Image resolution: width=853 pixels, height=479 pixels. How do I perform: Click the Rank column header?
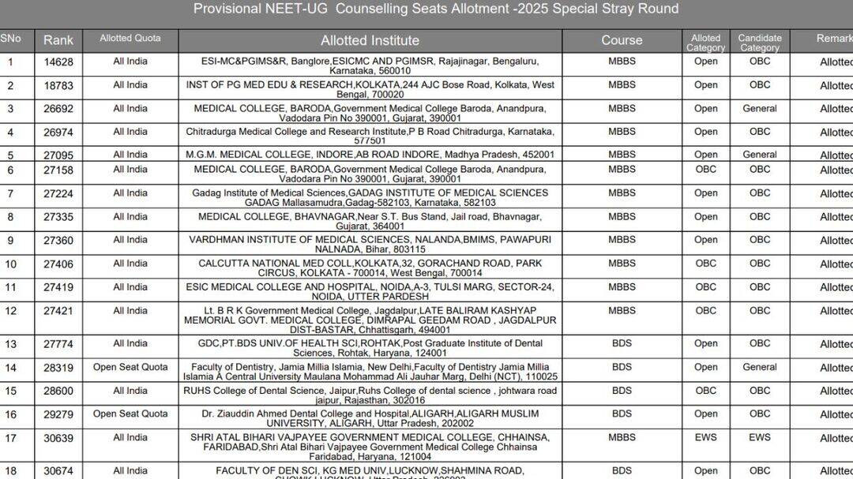pyautogui.click(x=58, y=40)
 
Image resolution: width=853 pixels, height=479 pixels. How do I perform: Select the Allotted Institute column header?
pyautogui.click(x=370, y=40)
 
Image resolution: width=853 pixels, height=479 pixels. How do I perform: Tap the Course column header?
pyautogui.click(x=622, y=40)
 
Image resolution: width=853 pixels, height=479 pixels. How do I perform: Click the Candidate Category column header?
pyautogui.click(x=759, y=43)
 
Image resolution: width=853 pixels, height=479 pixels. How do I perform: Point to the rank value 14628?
pyautogui.click(x=58, y=62)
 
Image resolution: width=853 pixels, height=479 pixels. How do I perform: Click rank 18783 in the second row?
pyautogui.click(x=58, y=85)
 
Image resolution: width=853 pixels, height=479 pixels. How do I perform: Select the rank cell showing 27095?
pyautogui.click(x=58, y=155)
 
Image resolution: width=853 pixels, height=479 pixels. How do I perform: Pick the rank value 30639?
pyautogui.click(x=58, y=438)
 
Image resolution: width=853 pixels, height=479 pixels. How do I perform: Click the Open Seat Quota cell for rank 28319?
pyautogui.click(x=130, y=367)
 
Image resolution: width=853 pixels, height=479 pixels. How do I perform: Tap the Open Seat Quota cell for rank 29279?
pyautogui.click(x=130, y=414)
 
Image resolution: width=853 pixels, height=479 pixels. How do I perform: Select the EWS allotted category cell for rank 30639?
pyautogui.click(x=705, y=437)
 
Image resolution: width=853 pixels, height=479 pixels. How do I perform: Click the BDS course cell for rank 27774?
pyautogui.click(x=622, y=343)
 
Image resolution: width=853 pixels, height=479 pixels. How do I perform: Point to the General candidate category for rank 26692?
pyautogui.click(x=759, y=108)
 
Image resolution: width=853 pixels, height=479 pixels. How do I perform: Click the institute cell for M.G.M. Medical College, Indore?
pyautogui.click(x=370, y=155)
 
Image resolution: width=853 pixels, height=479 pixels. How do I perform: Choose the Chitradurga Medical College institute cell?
pyautogui.click(x=370, y=137)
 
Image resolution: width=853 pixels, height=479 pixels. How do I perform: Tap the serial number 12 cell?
pyautogui.click(x=11, y=311)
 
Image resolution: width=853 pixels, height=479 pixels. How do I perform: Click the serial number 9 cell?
pyautogui.click(x=11, y=240)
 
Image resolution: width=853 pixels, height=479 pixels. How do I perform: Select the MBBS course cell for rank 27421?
pyautogui.click(x=622, y=310)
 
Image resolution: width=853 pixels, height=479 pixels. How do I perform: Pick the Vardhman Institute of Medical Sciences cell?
pyautogui.click(x=370, y=245)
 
